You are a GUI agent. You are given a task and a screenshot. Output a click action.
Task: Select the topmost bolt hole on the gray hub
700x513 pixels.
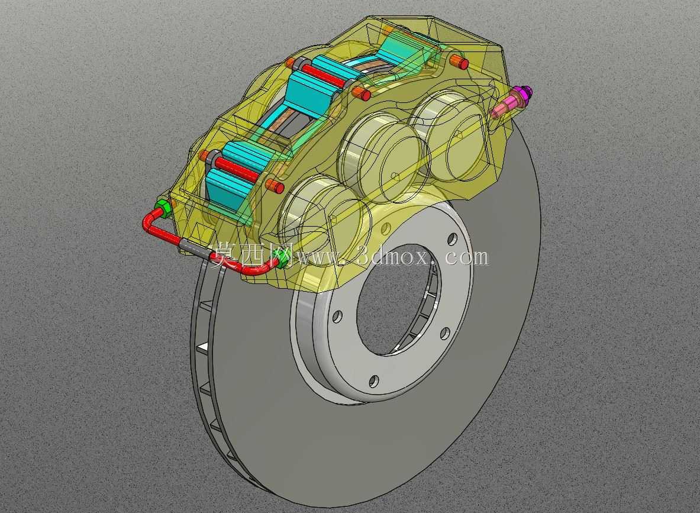(453, 238)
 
